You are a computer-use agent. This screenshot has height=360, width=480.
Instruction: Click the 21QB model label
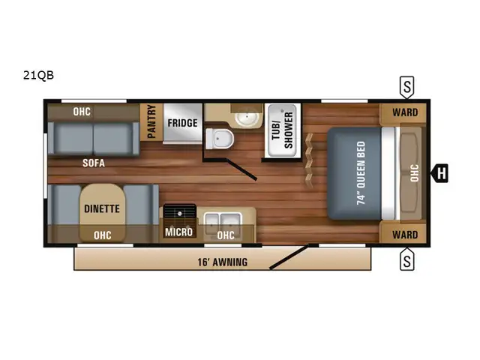pyautogui.click(x=38, y=75)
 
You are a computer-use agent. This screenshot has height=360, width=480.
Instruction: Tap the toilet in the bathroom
pyautogui.click(x=220, y=139)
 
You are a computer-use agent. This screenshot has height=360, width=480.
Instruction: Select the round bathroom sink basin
pyautogui.click(x=247, y=118)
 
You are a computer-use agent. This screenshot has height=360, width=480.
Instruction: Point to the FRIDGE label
pyautogui.click(x=182, y=123)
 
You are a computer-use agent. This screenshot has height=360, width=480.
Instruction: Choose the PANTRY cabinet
pyautogui.click(x=151, y=122)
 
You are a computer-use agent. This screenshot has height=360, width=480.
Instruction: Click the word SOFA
pyautogui.click(x=94, y=163)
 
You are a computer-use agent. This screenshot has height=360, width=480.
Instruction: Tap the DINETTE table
pyautogui.click(x=102, y=212)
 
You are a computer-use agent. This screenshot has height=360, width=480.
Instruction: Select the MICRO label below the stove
pyautogui.click(x=179, y=232)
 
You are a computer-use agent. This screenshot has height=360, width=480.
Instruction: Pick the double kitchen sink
pyautogui.click(x=223, y=222)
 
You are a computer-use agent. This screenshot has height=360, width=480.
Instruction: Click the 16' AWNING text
pyautogui.click(x=223, y=262)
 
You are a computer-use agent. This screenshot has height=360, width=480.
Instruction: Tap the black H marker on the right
pyautogui.click(x=439, y=173)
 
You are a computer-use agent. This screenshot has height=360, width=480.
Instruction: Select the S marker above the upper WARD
pyautogui.click(x=406, y=87)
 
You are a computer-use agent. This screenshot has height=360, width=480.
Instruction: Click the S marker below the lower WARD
pyautogui.click(x=406, y=259)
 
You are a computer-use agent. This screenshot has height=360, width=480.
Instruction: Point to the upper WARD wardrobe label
pyautogui.click(x=405, y=112)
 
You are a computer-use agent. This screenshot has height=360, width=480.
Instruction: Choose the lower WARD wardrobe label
pyautogui.click(x=405, y=235)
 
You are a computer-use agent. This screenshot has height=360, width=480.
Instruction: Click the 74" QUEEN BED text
pyautogui.click(x=361, y=173)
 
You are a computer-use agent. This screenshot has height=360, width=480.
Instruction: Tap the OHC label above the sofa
pyautogui.click(x=82, y=112)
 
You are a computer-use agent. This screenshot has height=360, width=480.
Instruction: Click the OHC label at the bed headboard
pyautogui.click(x=414, y=173)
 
